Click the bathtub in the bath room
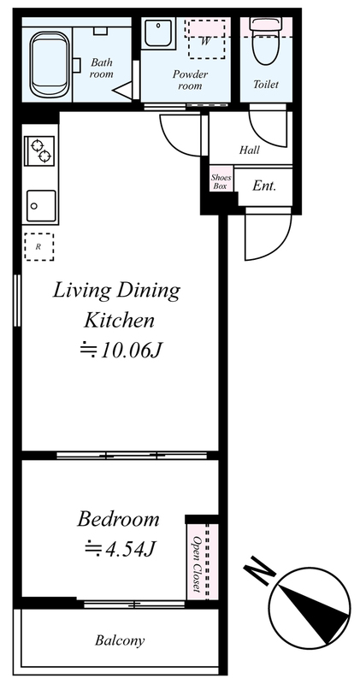(50, 65)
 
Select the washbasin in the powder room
(160, 32)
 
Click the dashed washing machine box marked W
(206, 38)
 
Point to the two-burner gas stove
(39, 150)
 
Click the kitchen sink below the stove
(41, 206)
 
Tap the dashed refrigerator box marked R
(38, 246)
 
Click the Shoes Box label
(221, 182)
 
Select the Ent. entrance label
(264, 186)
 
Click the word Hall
(249, 150)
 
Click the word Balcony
(120, 640)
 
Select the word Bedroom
(118, 519)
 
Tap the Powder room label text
(190, 80)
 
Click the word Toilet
(266, 84)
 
